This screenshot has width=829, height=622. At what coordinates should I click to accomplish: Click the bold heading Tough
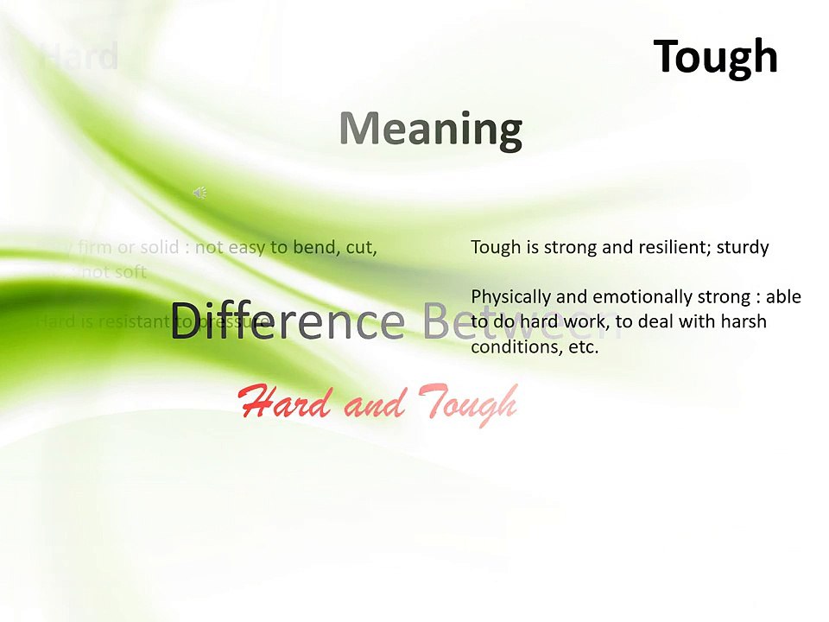(715, 57)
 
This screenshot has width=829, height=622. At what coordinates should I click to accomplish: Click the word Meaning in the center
(431, 129)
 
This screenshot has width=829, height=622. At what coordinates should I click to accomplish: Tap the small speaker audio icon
(199, 193)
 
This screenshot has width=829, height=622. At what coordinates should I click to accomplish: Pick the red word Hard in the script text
(286, 403)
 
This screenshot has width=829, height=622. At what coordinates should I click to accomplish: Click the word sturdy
(741, 248)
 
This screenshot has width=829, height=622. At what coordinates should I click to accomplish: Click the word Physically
(509, 297)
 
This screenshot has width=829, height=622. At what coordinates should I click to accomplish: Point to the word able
(782, 297)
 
